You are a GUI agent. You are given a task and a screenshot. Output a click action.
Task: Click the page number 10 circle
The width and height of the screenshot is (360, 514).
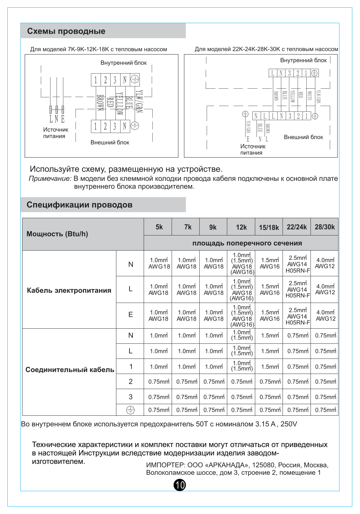pyautogui.click(x=180, y=485)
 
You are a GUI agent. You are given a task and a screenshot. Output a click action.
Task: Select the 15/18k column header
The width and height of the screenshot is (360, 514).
pyautogui.click(x=269, y=227)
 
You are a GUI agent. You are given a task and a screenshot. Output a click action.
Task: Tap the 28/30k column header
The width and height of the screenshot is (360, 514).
pyautogui.click(x=325, y=227)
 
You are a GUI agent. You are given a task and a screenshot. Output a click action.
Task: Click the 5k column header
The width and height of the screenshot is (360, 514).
pyautogui.click(x=159, y=227)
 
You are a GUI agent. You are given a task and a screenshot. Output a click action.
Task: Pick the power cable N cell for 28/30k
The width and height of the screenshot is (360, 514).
pyautogui.click(x=325, y=263)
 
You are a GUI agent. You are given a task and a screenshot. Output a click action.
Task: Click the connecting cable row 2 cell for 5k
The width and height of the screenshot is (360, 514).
pyautogui.click(x=159, y=382)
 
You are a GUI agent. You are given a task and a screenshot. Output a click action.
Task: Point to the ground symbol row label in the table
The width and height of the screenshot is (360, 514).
pyautogui.click(x=130, y=410)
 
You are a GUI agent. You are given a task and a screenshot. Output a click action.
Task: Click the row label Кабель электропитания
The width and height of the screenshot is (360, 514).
pyautogui.click(x=69, y=290)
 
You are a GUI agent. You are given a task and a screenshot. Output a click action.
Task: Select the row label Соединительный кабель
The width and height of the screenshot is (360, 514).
pyautogui.click(x=70, y=370)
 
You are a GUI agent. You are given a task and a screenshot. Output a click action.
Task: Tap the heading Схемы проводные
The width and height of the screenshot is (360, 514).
pyautogui.click(x=66, y=31)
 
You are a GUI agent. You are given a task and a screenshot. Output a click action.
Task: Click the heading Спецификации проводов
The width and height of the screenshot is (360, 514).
pyautogui.click(x=79, y=205)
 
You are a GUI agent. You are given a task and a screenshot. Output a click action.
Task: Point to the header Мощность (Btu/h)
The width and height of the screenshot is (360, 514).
pyautogui.click(x=57, y=234)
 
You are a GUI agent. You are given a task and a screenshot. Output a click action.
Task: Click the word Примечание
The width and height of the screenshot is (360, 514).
pyautogui.click(x=50, y=179)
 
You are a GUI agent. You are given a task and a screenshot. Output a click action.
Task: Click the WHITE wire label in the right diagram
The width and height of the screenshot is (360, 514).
pyautogui.click(x=310, y=96)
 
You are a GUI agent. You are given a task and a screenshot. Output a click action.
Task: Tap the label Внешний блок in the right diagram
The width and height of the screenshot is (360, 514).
pyautogui.click(x=303, y=137)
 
